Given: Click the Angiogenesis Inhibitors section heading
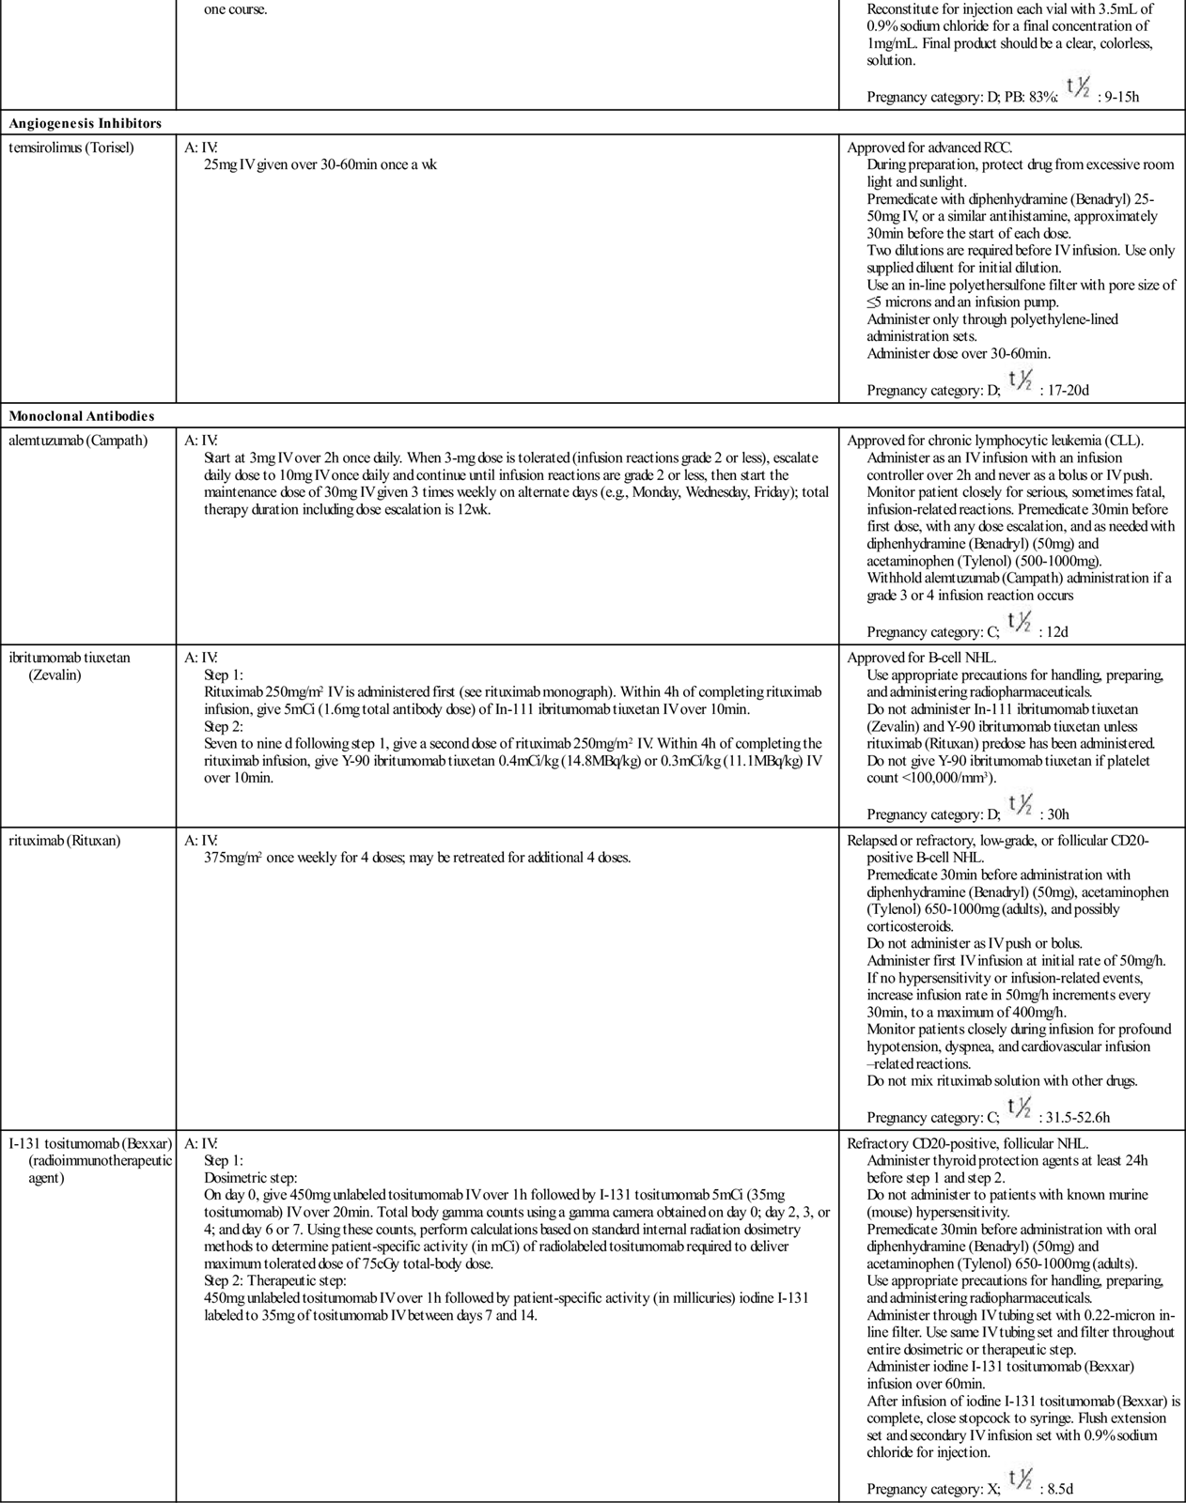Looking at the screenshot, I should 86,123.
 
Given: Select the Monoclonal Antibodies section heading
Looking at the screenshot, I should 82,415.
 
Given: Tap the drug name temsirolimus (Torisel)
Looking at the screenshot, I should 71,147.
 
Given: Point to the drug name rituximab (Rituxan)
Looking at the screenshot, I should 65,841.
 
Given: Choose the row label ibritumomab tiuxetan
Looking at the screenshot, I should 70,658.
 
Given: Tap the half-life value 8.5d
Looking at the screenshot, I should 1060,1488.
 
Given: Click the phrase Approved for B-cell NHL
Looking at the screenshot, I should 922,658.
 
